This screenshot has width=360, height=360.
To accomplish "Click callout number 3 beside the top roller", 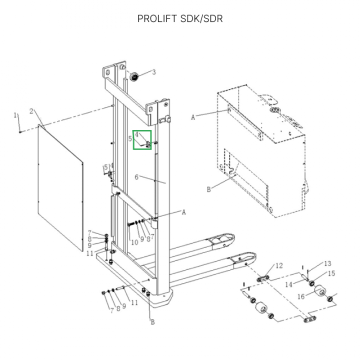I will pos(154,72).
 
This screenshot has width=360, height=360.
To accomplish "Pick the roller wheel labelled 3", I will pos(134,78).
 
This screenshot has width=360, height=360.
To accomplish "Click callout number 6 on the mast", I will pos(136,177).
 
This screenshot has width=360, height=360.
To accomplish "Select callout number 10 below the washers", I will pos(134,242).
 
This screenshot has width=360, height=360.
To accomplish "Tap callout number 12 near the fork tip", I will pos(279,265).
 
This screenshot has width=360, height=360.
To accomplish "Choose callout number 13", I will pos(327,263).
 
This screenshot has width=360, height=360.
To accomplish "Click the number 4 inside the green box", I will pos(136,134).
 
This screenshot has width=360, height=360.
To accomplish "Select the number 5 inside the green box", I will pos(130,139).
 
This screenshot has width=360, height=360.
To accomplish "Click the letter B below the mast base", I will pos(152,321).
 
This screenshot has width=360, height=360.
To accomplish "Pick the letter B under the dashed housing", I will pos(208,189).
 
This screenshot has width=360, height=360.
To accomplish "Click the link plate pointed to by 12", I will pos(263,278).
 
